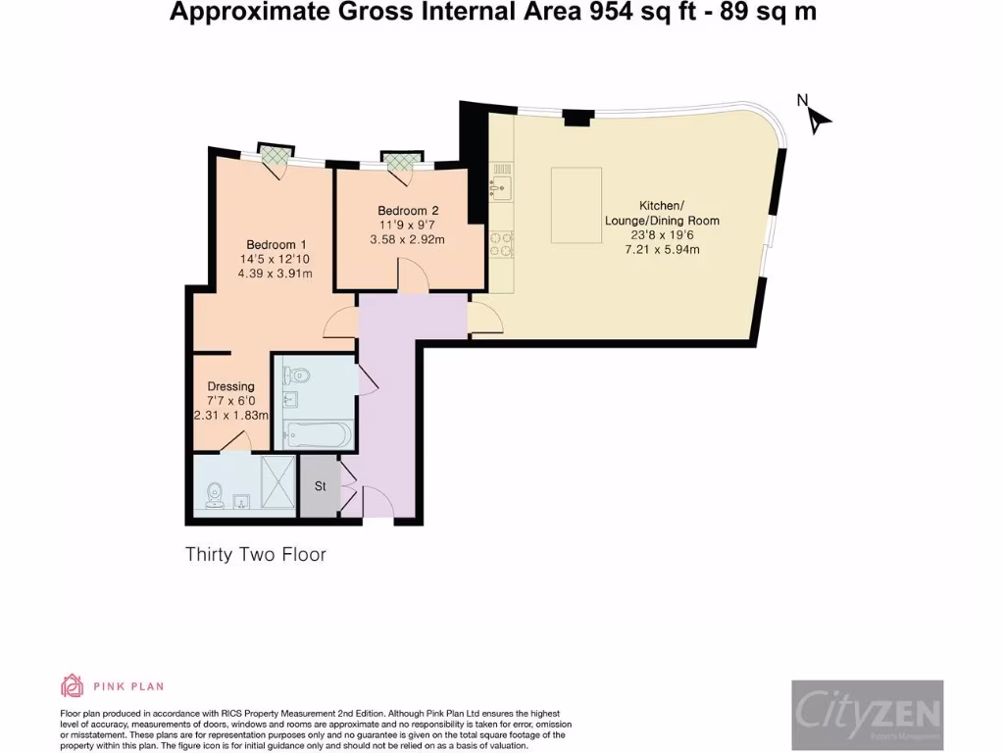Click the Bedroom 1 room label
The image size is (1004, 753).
[x=276, y=244]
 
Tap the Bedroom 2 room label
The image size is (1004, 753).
[x=408, y=211]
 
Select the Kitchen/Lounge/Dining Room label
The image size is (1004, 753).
[x=661, y=213]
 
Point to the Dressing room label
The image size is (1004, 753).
[x=231, y=386]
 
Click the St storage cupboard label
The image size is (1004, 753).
[x=320, y=486]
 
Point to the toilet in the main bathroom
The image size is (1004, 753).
[x=296, y=375]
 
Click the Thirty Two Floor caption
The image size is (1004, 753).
[x=256, y=555]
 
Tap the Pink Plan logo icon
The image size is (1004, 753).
[x=73, y=685]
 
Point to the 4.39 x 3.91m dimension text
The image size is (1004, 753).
[x=276, y=274]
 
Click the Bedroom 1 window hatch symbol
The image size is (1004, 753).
[x=274, y=153]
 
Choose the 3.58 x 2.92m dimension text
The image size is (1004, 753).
[x=408, y=240]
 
